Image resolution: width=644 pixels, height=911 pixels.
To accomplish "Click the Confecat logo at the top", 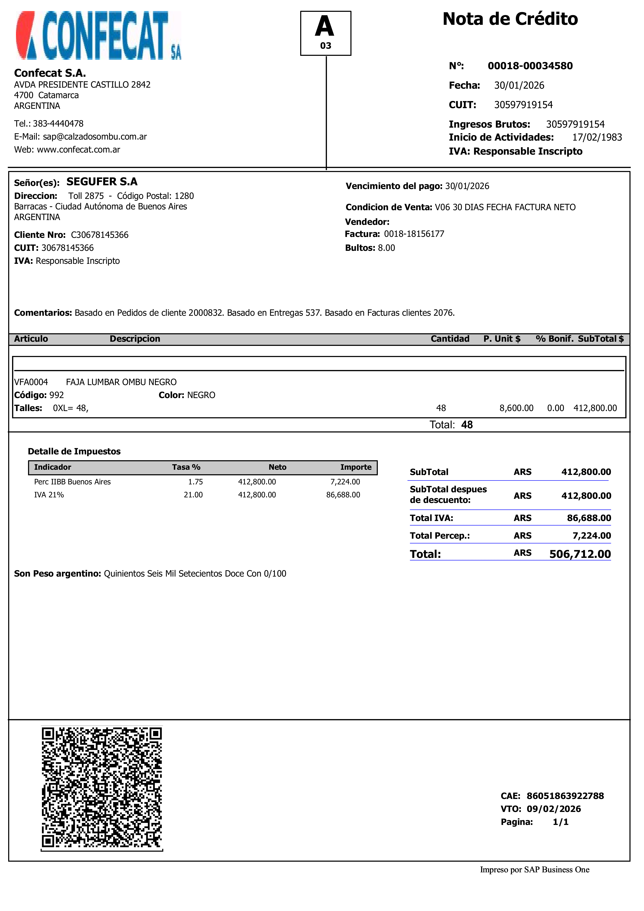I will (98, 36).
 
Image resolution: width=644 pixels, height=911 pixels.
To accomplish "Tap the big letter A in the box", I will (325, 27).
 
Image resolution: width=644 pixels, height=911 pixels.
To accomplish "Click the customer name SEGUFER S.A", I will (102, 182).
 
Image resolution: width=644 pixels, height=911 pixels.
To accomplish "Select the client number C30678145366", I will (100, 235).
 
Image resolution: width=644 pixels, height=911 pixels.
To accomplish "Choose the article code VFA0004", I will (31, 382).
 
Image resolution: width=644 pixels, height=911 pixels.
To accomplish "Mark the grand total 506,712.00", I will (580, 554).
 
